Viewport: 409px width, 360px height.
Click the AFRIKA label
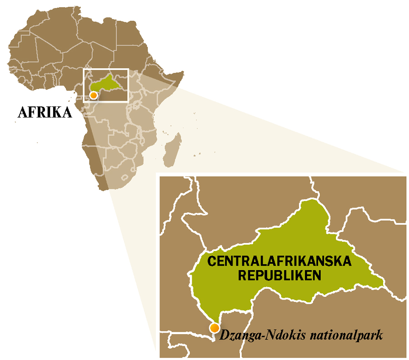coord(45,112)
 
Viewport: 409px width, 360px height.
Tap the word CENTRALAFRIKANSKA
coord(279,261)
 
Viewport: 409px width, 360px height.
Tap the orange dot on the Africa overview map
coord(94,95)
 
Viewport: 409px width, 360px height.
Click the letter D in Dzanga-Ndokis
coord(224,335)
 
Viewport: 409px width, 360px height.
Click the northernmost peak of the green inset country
coord(314,199)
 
